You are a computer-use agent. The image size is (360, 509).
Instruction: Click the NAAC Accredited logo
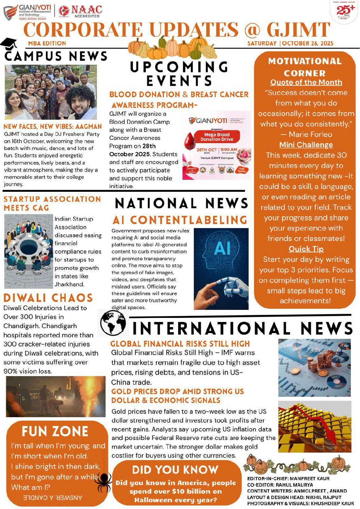pos(80,11)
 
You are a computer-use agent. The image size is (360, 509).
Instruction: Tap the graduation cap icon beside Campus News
pos(9,44)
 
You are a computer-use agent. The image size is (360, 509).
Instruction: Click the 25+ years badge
pos(345,11)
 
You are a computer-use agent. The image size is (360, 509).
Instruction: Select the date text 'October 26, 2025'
pos(308,44)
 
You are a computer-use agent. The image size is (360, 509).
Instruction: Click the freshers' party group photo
pos(51,92)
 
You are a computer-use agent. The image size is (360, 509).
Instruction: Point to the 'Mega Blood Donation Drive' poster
pos(216,145)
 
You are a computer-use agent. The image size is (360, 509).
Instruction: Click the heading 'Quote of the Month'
pos(306,82)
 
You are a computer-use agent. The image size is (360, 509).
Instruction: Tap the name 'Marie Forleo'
pos(310,134)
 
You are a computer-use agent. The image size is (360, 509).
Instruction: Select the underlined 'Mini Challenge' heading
pos(306,145)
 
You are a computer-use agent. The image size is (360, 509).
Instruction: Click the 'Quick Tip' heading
pos(306,249)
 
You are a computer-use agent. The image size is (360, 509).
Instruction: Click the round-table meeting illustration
pos(29,251)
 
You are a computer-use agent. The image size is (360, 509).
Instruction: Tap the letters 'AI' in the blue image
pos(222,248)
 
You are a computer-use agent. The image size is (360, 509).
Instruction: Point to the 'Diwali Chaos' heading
pos(48,298)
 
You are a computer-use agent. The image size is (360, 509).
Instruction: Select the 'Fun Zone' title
pos(55,431)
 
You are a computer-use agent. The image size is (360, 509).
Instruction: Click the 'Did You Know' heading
pos(175,470)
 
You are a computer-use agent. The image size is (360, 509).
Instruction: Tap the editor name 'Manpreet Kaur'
pos(310,479)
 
